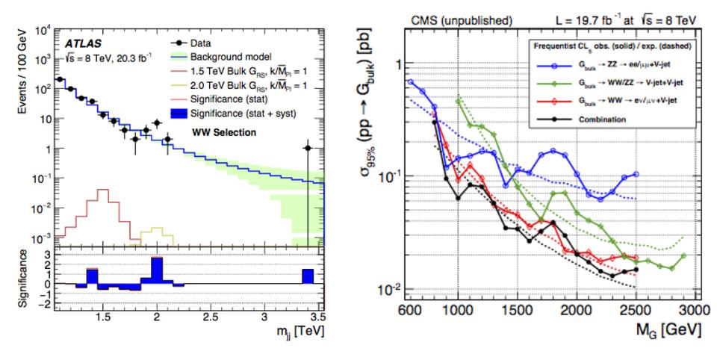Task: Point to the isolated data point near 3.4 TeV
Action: click(308, 148)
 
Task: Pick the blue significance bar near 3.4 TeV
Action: click(308, 276)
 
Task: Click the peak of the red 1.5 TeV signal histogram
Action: click(103, 190)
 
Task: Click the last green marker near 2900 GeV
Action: click(683, 256)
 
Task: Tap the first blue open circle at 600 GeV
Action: click(410, 81)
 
